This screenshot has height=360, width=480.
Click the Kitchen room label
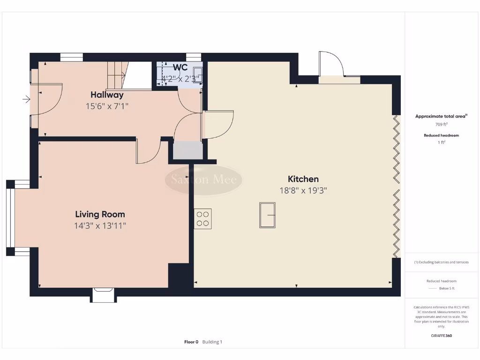click(x=303, y=179)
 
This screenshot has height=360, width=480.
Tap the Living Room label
click(x=100, y=214)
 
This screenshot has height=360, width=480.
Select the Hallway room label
click(x=107, y=95)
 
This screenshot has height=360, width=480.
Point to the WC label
click(x=180, y=67)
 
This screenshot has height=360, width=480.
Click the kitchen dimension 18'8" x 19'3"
click(x=303, y=191)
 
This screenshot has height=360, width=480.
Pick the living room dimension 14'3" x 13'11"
click(x=100, y=226)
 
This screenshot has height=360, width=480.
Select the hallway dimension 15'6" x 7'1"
click(x=107, y=106)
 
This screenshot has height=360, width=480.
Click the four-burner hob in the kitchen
click(x=202, y=218)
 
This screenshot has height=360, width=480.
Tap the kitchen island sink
click(x=267, y=215)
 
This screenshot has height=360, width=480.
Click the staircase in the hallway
click(x=123, y=75)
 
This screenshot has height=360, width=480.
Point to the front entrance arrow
click(x=26, y=99)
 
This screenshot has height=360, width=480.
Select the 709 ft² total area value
click(x=441, y=125)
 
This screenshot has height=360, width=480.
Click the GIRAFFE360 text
click(x=441, y=336)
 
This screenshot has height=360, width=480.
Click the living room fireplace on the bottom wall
click(x=103, y=295)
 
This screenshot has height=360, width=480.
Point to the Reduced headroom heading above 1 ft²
click(x=441, y=135)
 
